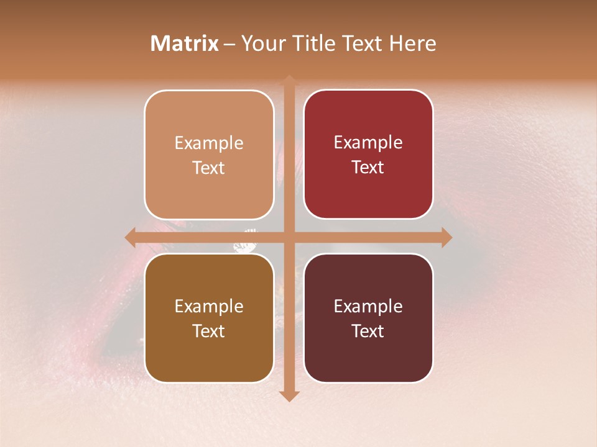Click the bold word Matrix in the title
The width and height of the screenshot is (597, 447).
pos(185,43)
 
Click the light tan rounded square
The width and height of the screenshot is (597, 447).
pos(209,155)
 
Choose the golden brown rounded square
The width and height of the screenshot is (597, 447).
pos(209,318)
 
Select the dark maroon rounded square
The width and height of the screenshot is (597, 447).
pos(368,318)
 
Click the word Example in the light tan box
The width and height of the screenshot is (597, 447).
pos(209,143)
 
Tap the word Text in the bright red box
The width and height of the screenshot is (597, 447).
pos(368,167)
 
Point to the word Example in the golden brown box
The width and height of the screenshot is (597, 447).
pos(209,306)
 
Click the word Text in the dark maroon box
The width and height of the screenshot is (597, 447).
pos(368,331)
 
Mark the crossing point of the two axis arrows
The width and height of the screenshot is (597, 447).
pos(289,237)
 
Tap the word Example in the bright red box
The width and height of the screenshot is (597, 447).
pos(368,142)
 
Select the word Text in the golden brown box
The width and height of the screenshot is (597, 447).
pos(209,331)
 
